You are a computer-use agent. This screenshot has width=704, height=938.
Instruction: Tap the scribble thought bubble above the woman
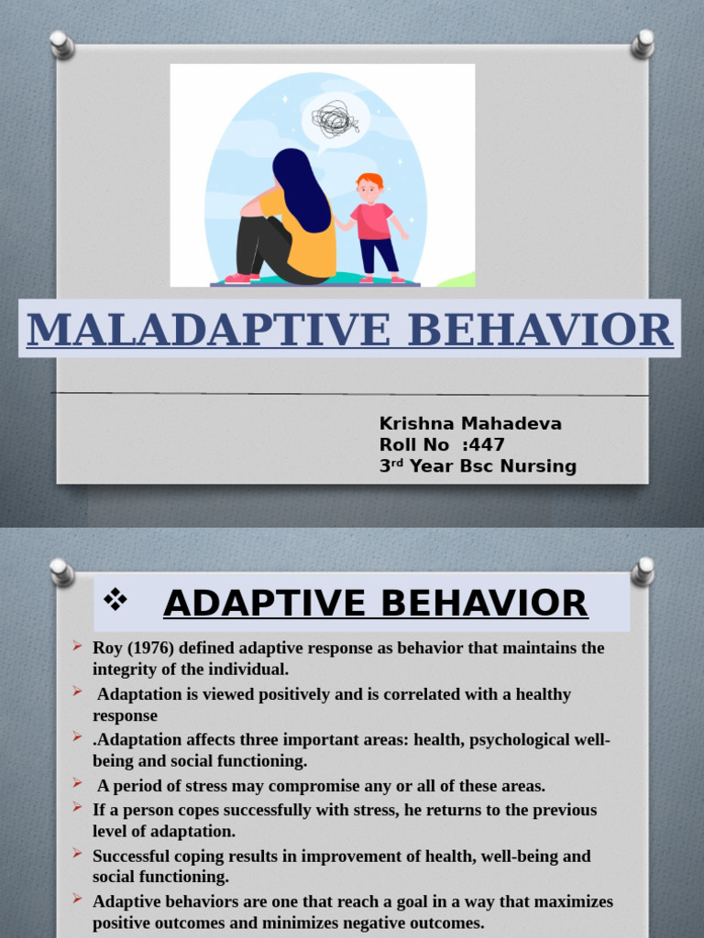335,119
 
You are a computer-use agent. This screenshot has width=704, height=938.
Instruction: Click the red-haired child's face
369,191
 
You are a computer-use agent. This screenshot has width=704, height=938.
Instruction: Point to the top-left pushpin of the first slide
61,44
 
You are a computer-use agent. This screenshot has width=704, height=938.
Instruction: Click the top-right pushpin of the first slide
643,43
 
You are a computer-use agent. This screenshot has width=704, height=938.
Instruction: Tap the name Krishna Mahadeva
470,423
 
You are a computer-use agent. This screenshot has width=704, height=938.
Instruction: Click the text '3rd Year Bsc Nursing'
478,466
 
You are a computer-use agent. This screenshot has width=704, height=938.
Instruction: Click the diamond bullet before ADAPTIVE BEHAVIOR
115,601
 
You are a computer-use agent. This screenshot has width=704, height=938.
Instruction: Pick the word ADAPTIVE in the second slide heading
270,604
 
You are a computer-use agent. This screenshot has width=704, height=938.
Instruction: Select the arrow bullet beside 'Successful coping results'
78,854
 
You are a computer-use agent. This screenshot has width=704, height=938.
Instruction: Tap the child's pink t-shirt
373,221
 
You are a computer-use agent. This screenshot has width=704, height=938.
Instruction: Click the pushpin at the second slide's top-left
61,572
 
